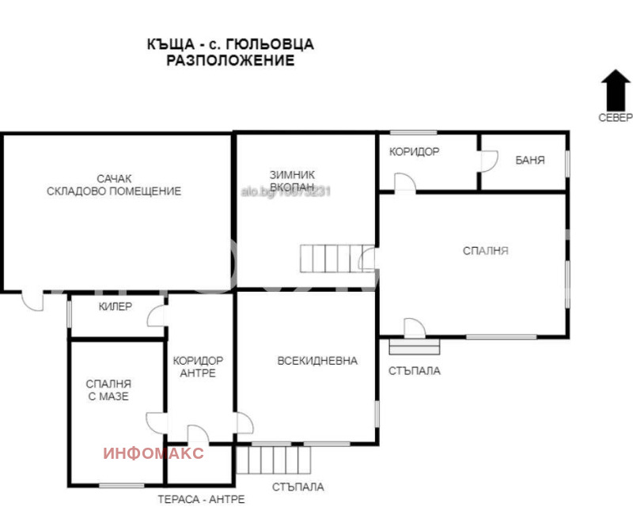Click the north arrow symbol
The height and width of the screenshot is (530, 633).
(615, 89)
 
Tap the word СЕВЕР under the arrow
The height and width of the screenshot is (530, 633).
(615, 118)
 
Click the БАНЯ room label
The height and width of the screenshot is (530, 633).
(529, 160)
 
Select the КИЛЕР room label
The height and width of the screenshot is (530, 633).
(116, 306)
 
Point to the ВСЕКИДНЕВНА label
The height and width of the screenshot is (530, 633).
(317, 361)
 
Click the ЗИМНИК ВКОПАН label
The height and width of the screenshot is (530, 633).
(292, 181)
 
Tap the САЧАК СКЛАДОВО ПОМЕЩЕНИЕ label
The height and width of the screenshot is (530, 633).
(114, 185)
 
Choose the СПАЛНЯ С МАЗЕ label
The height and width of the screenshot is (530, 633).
(108, 390)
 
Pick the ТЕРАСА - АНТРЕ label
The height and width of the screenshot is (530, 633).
(201, 499)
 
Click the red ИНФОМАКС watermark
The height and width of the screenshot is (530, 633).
(154, 453)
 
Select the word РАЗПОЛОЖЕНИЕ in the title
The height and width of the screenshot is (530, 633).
(230, 60)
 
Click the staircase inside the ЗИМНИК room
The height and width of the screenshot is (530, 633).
(330, 257)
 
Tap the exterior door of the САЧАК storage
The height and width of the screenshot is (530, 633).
(32, 301)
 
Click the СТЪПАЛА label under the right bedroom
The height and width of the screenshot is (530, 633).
(415, 370)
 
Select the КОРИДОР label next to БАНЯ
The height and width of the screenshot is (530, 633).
(414, 151)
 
